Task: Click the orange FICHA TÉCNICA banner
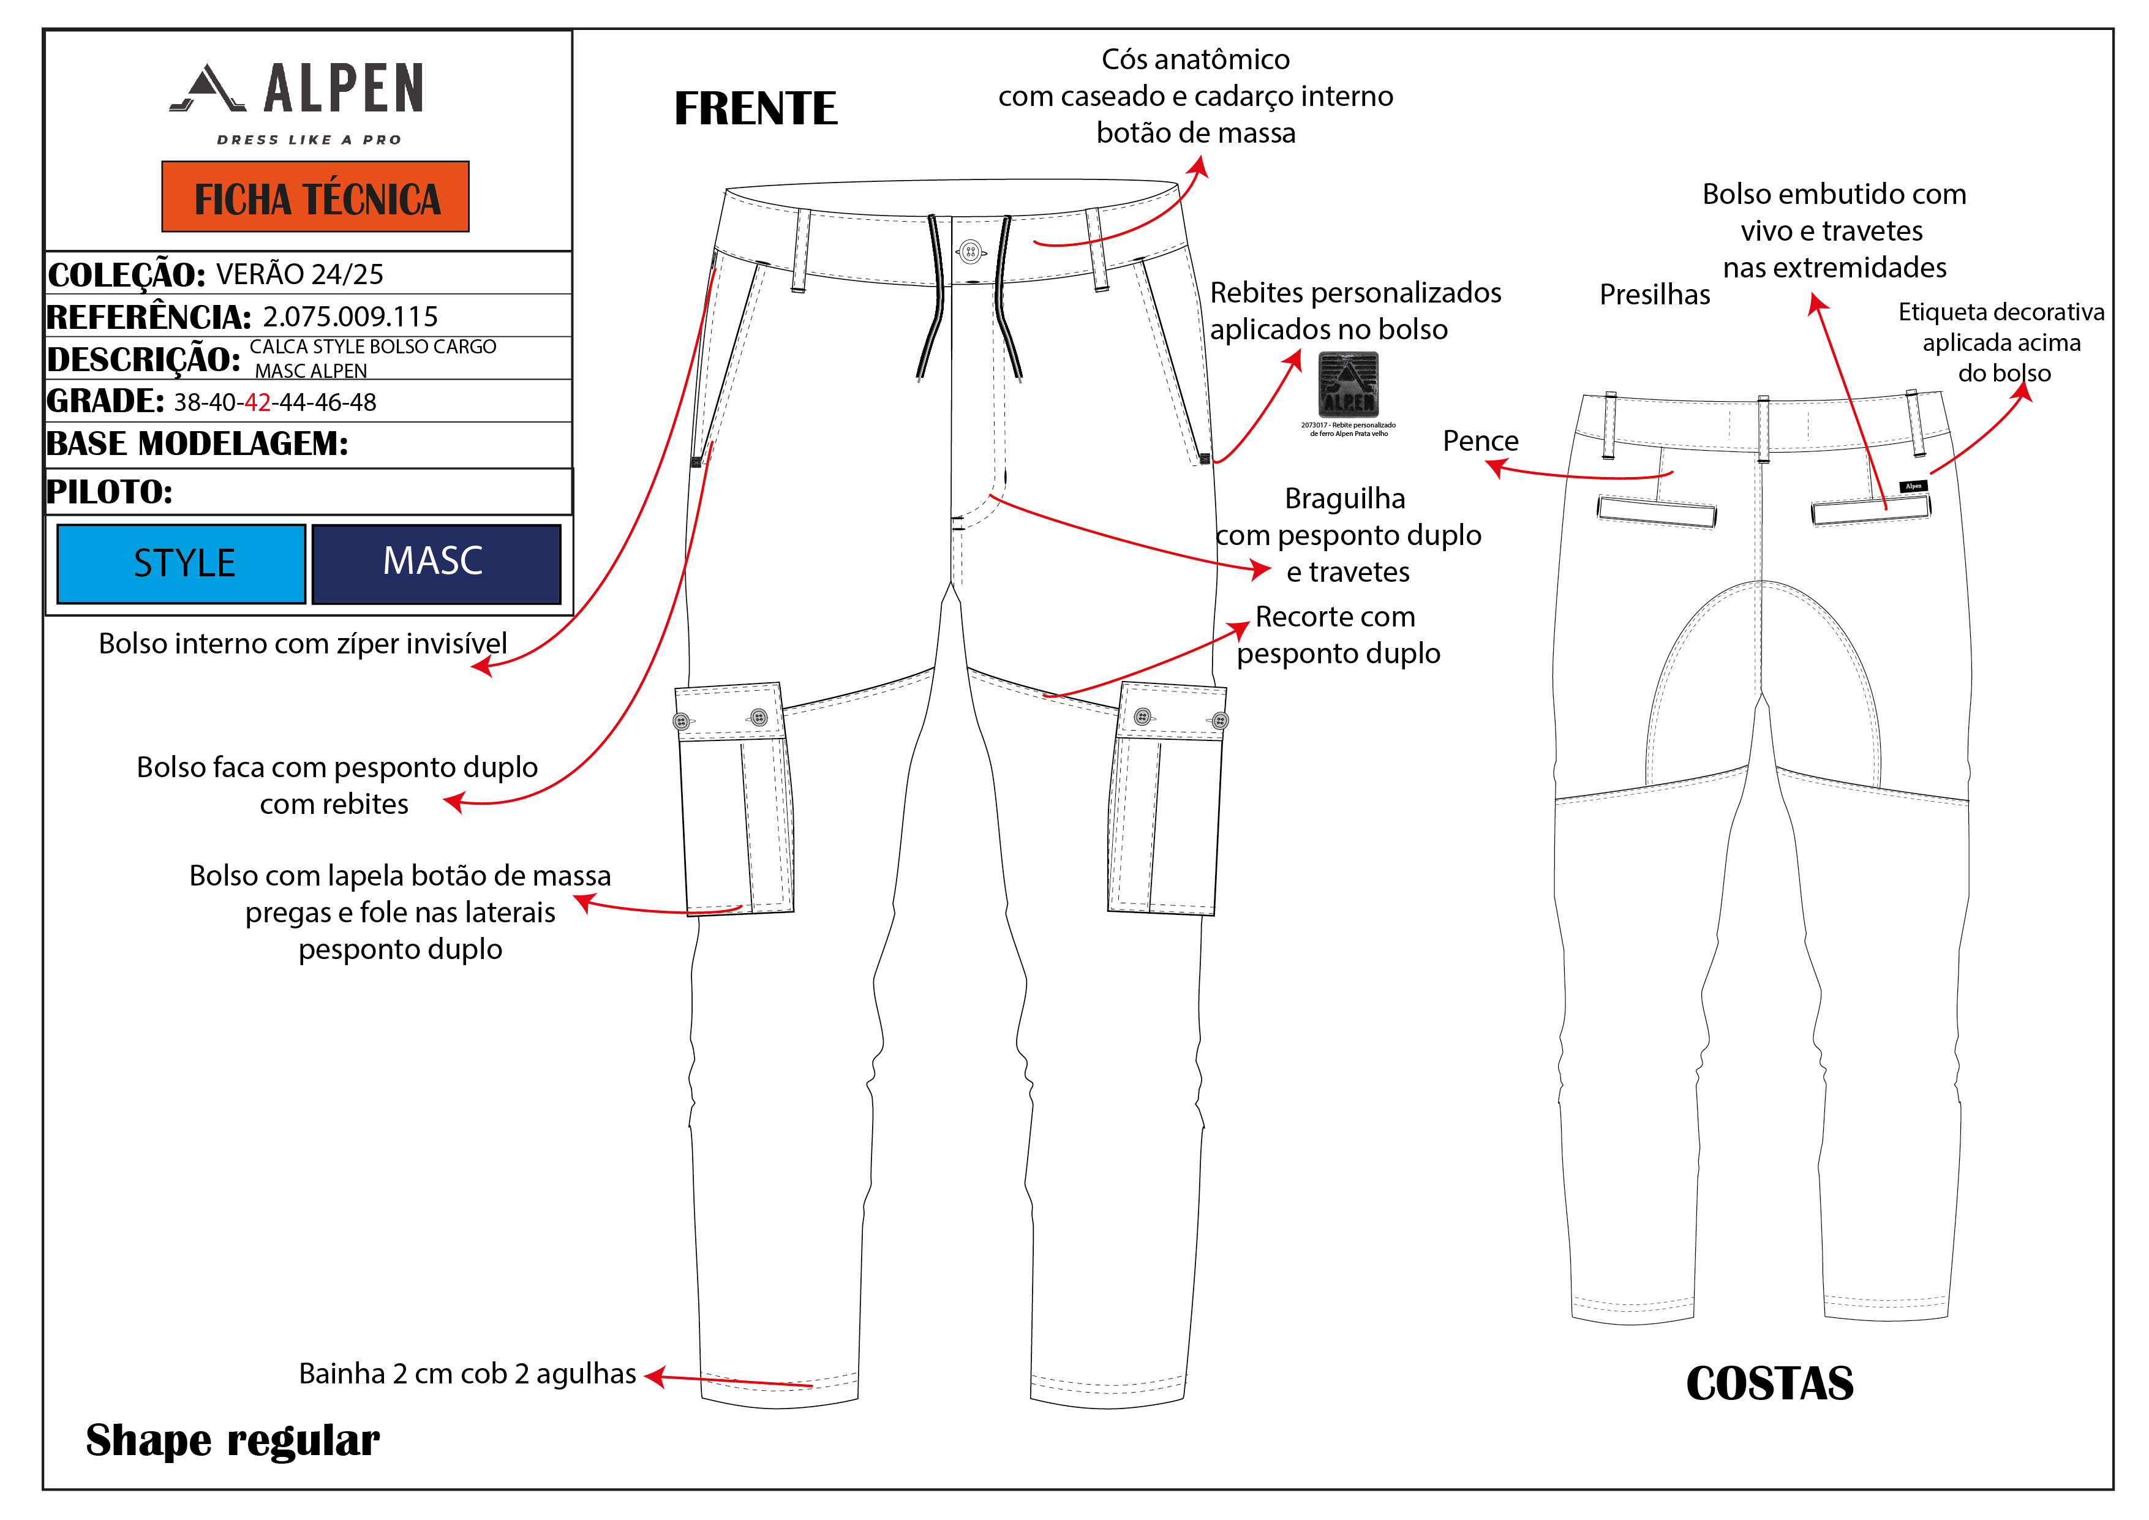coord(315,197)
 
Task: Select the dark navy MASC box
coord(435,563)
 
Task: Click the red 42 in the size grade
coord(257,402)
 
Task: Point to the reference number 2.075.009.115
coord(350,317)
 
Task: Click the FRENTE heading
coord(755,108)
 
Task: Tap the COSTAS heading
coord(1769,1383)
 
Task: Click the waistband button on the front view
coord(969,251)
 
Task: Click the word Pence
coord(1480,441)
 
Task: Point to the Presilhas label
coord(1654,295)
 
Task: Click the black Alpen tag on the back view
coord(1913,486)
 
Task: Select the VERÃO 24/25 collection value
coord(299,274)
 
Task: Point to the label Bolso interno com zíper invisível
coord(303,644)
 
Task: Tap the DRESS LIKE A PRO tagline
coord(309,140)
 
